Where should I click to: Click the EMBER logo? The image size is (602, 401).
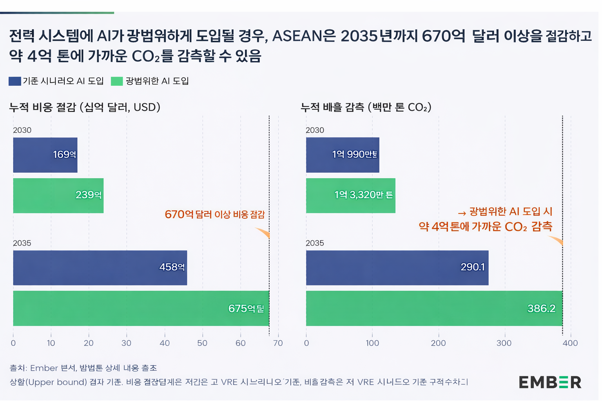550,382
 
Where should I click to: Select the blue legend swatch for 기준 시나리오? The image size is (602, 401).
15,81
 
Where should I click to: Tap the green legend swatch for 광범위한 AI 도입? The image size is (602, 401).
117,81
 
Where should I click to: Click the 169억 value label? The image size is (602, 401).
64,155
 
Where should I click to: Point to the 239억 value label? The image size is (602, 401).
89,195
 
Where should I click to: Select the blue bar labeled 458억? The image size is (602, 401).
100,268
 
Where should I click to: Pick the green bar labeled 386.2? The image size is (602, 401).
434,308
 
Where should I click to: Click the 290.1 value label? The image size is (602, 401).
472,267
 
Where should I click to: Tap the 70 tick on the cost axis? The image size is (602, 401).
278,343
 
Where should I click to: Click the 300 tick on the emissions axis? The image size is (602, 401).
504,343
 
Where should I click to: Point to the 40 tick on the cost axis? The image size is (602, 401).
165,343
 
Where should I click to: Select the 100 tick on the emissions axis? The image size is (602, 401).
372,343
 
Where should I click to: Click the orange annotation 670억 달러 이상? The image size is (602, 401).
215,215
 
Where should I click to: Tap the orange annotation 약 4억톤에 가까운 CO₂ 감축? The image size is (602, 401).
485,227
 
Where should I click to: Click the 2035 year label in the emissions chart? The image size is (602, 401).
315,243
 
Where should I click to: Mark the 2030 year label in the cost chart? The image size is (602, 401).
22,130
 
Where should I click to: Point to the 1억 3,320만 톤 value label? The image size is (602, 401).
363,195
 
